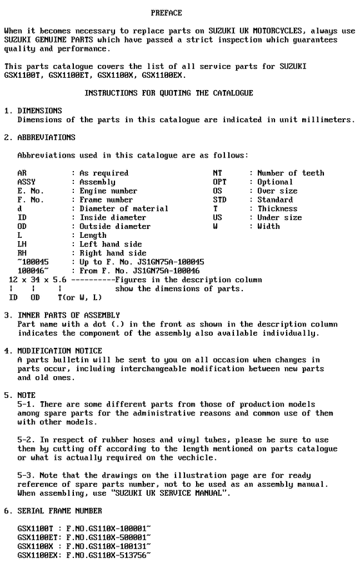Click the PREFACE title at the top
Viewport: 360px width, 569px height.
[x=166, y=13]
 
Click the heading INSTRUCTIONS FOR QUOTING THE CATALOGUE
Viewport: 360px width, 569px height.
[x=168, y=93]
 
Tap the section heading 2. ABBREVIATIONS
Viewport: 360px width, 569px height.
[x=40, y=138]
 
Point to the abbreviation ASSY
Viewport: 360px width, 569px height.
[x=26, y=182]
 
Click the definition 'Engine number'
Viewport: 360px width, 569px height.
[x=108, y=191]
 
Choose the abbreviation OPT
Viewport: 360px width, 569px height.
[x=220, y=182]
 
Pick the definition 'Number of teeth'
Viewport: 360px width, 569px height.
[x=291, y=173]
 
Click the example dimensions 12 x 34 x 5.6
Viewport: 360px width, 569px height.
[x=39, y=280]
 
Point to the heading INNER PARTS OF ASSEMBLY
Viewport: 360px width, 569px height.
[x=68, y=315]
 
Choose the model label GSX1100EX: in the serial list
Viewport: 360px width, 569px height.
[x=39, y=554]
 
